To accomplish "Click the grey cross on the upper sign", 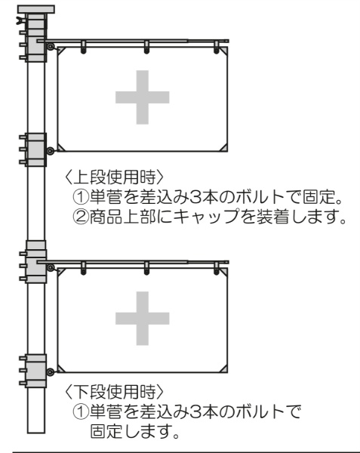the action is [x=143, y=97].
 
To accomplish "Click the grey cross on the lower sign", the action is [x=143, y=319].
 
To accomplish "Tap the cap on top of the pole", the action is [x=36, y=9].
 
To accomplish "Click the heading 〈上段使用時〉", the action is [x=114, y=177].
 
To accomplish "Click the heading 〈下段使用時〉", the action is [x=114, y=391].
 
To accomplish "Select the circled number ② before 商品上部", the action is [x=80, y=217].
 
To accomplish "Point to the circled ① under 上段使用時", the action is [x=80, y=197].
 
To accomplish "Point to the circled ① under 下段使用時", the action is [x=80, y=411].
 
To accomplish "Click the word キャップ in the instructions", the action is [x=206, y=217].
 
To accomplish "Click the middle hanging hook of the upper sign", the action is [x=146, y=48].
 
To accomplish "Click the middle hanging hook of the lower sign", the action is [x=146, y=269].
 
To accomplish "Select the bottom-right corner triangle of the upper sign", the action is [x=223, y=148].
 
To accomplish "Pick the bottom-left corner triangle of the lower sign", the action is [x=61, y=368].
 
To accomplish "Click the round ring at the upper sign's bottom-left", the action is [x=51, y=151].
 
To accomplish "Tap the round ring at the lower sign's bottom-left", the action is [x=51, y=371].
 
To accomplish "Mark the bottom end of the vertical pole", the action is [x=36, y=433].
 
